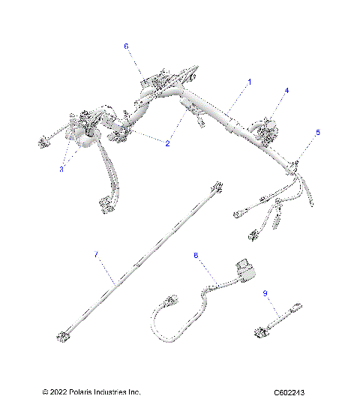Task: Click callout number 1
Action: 250,80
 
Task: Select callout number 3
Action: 61,169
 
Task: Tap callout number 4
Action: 286,91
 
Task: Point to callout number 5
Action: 316,132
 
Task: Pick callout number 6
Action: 126,46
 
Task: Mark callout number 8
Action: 196,256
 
